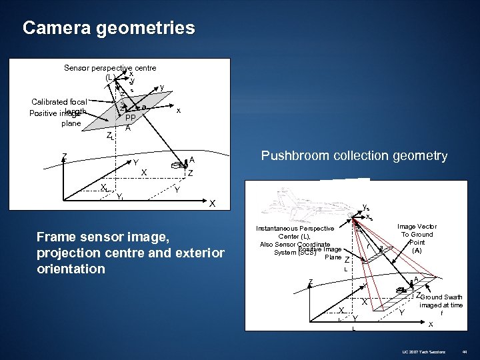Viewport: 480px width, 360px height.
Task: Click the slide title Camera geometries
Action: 109,28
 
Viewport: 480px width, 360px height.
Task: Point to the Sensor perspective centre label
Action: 110,68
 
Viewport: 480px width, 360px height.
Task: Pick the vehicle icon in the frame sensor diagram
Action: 179,163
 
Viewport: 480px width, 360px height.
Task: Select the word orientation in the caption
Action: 71,269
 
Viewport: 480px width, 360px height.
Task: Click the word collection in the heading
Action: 373,156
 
